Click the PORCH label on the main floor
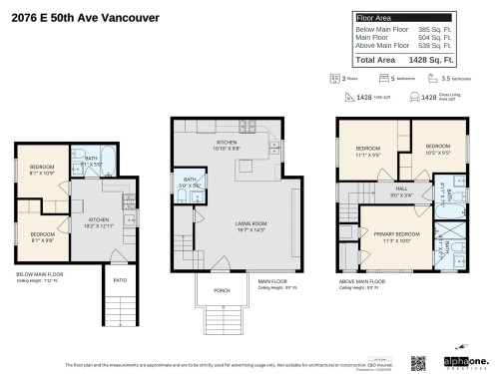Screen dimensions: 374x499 (223, 291)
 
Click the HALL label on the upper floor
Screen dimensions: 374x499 (401, 187)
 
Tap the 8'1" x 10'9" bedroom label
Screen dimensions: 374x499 (41, 169)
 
